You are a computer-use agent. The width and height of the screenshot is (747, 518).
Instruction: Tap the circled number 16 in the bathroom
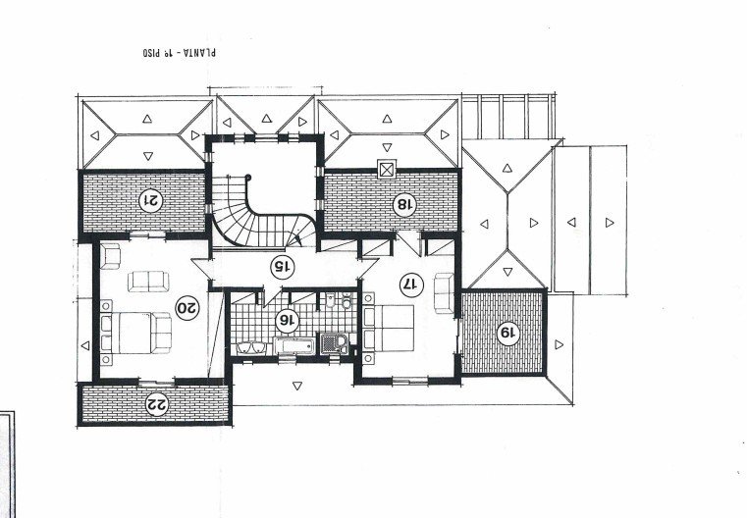coord(288,321)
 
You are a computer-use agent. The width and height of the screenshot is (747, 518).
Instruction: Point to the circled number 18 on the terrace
coord(404,205)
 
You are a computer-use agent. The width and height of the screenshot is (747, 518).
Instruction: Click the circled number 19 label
coord(507,334)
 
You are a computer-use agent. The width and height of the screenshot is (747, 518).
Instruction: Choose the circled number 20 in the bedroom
coord(187,308)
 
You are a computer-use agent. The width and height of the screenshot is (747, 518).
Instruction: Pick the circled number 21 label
coord(151,200)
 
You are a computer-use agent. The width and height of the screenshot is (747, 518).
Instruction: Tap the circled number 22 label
coord(157,404)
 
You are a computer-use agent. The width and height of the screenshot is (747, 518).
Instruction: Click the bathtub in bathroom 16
coord(293,345)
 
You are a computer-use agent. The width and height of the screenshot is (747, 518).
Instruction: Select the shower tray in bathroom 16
coord(335,343)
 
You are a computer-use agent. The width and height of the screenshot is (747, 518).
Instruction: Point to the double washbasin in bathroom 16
coord(252,348)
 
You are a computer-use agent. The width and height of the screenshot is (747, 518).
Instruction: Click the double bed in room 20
coord(135,333)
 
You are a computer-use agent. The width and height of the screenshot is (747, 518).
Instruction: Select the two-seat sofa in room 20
coord(148,282)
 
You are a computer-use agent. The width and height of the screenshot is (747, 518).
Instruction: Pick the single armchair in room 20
coord(110,256)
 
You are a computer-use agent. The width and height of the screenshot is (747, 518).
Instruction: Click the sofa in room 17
coord(444,293)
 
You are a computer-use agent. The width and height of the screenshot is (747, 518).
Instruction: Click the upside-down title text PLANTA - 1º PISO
coord(179,52)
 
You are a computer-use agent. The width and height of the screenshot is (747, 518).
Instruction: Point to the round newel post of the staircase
coord(247,178)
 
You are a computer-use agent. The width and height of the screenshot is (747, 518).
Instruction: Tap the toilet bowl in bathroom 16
coord(347,301)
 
